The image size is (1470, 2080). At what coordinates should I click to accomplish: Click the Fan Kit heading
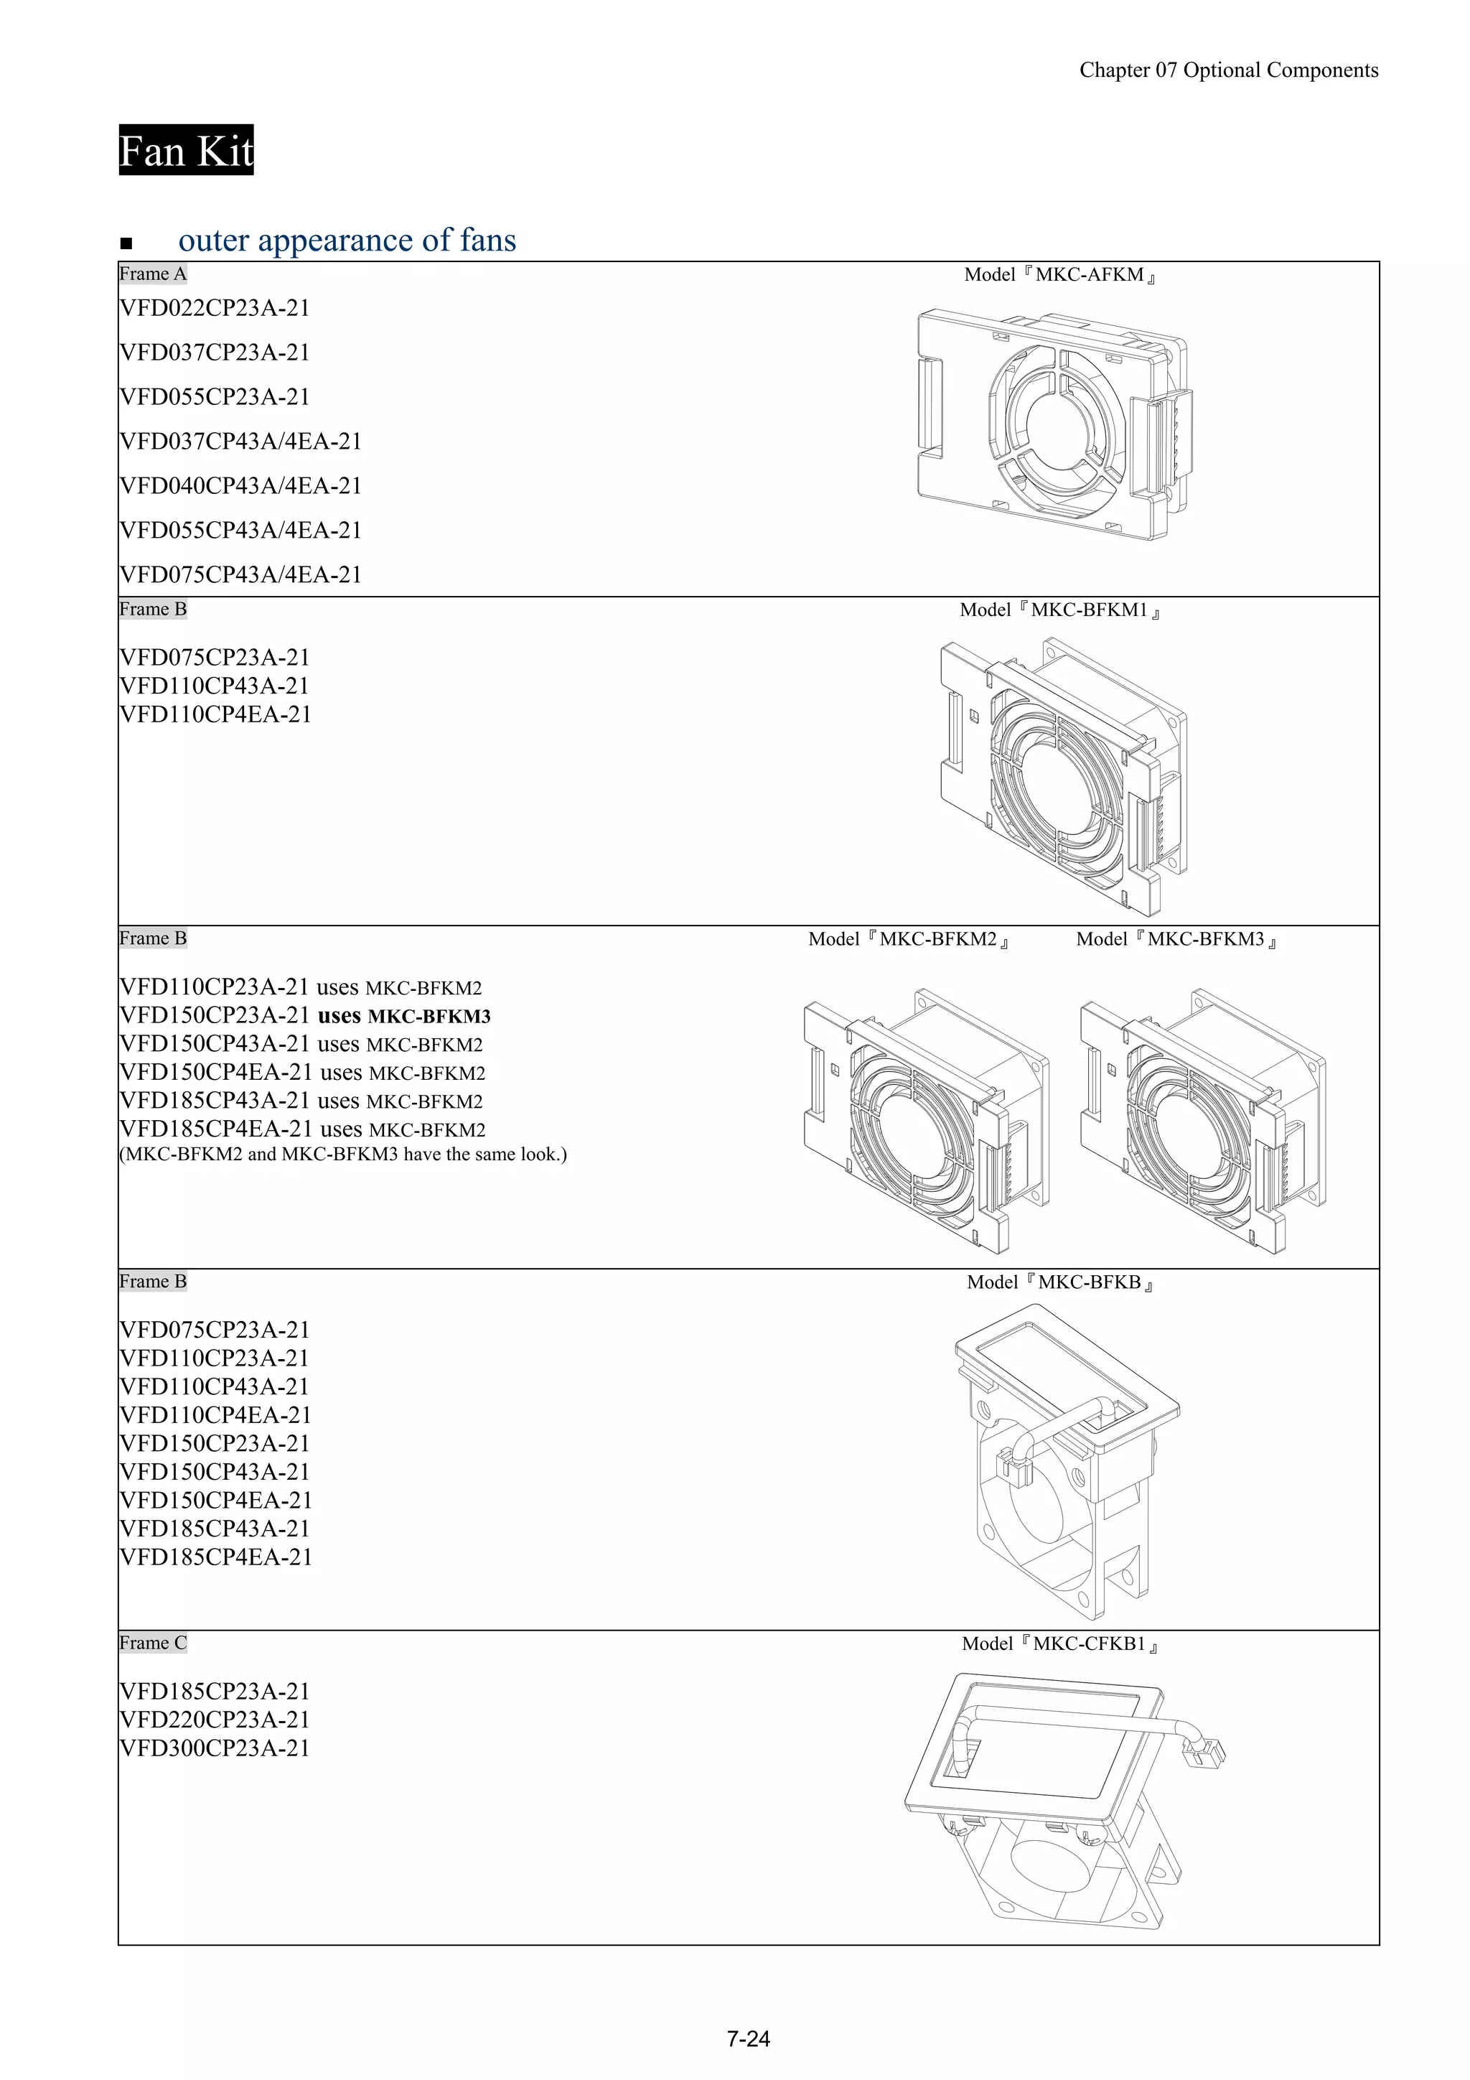click(x=186, y=150)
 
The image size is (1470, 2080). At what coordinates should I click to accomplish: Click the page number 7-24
click(x=748, y=2038)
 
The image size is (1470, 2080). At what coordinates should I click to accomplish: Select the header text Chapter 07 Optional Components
click(x=1228, y=70)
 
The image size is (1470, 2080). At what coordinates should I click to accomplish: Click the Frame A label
click(x=152, y=274)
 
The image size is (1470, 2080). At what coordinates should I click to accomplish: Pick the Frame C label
click(x=152, y=1643)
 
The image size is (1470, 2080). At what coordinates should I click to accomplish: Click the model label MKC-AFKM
click(x=1059, y=274)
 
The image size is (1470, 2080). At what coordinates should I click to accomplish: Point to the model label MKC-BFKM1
click(x=1059, y=610)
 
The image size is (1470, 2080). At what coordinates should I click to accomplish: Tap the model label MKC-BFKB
click(x=1059, y=1282)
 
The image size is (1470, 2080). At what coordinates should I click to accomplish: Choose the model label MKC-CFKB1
click(x=1059, y=1643)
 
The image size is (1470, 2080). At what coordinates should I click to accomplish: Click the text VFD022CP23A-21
click(x=215, y=308)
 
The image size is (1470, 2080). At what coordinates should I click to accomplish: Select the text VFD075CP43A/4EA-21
click(x=240, y=574)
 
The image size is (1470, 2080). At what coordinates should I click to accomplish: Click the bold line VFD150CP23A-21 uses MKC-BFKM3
click(x=304, y=1015)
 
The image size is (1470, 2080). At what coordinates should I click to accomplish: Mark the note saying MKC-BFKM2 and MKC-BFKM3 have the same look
click(x=342, y=1154)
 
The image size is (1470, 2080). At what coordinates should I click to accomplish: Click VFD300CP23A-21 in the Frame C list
click(x=215, y=1748)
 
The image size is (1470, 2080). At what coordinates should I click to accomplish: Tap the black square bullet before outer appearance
click(x=126, y=243)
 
